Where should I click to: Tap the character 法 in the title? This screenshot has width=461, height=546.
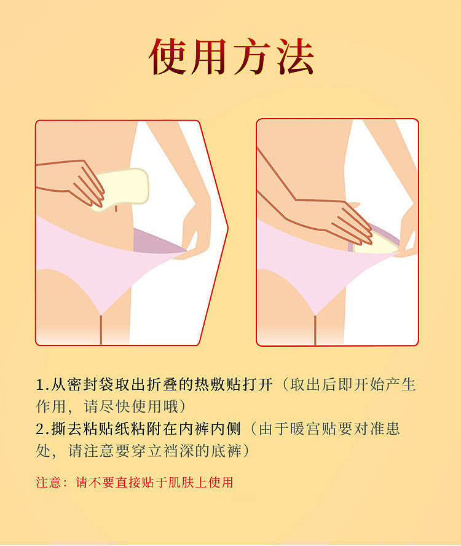296,57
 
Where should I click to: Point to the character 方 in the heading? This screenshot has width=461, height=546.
253,57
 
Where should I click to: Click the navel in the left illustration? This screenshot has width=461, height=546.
116,208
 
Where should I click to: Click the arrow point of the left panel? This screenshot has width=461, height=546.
228,228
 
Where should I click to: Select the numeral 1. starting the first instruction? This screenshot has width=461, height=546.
42,385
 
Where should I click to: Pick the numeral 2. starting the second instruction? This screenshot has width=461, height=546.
42,429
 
